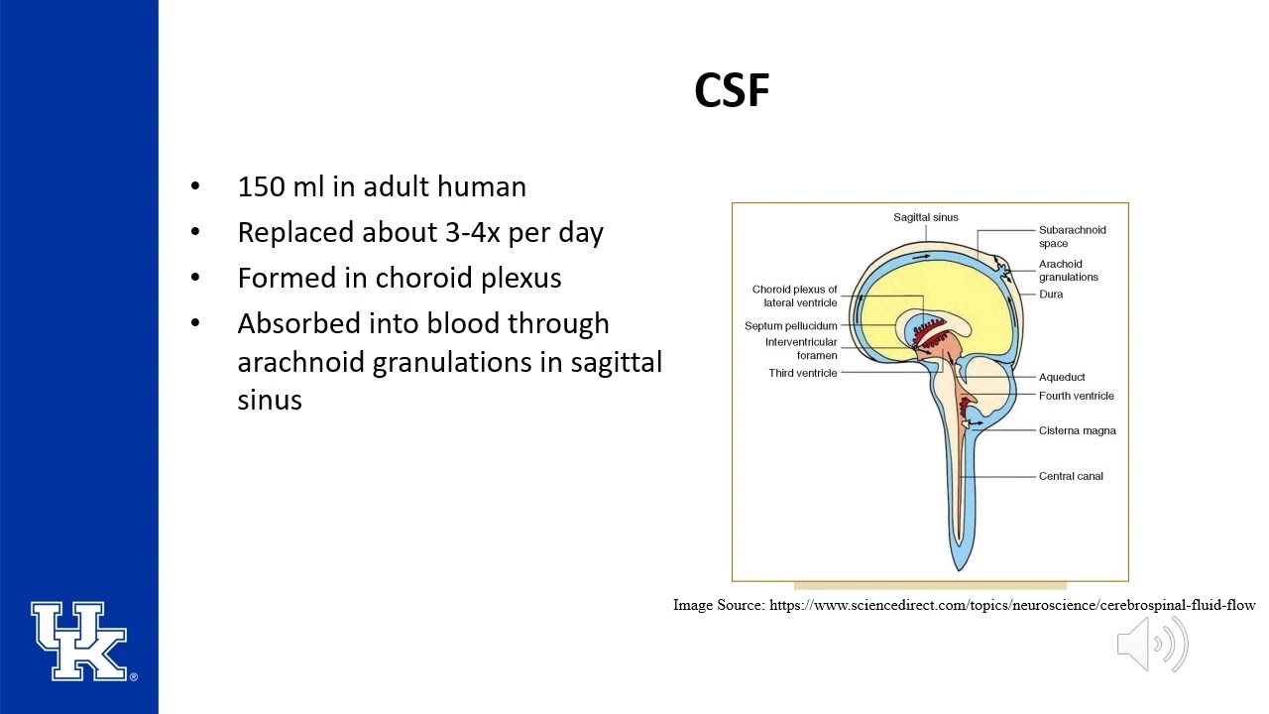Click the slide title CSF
pos(732,91)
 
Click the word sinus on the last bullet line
pos(270,400)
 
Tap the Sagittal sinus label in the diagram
pos(925,217)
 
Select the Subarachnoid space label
pos(1072,236)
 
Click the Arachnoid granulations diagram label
pos(1068,271)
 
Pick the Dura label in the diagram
pos(1050,295)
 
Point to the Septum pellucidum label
pos(790,326)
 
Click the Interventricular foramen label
pos(801,348)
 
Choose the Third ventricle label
pos(802,373)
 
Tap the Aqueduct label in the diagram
pos(1061,377)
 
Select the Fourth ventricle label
pos(1076,396)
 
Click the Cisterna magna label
pos(1077,430)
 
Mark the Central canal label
pos(1070,476)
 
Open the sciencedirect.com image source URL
pos(1011,605)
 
